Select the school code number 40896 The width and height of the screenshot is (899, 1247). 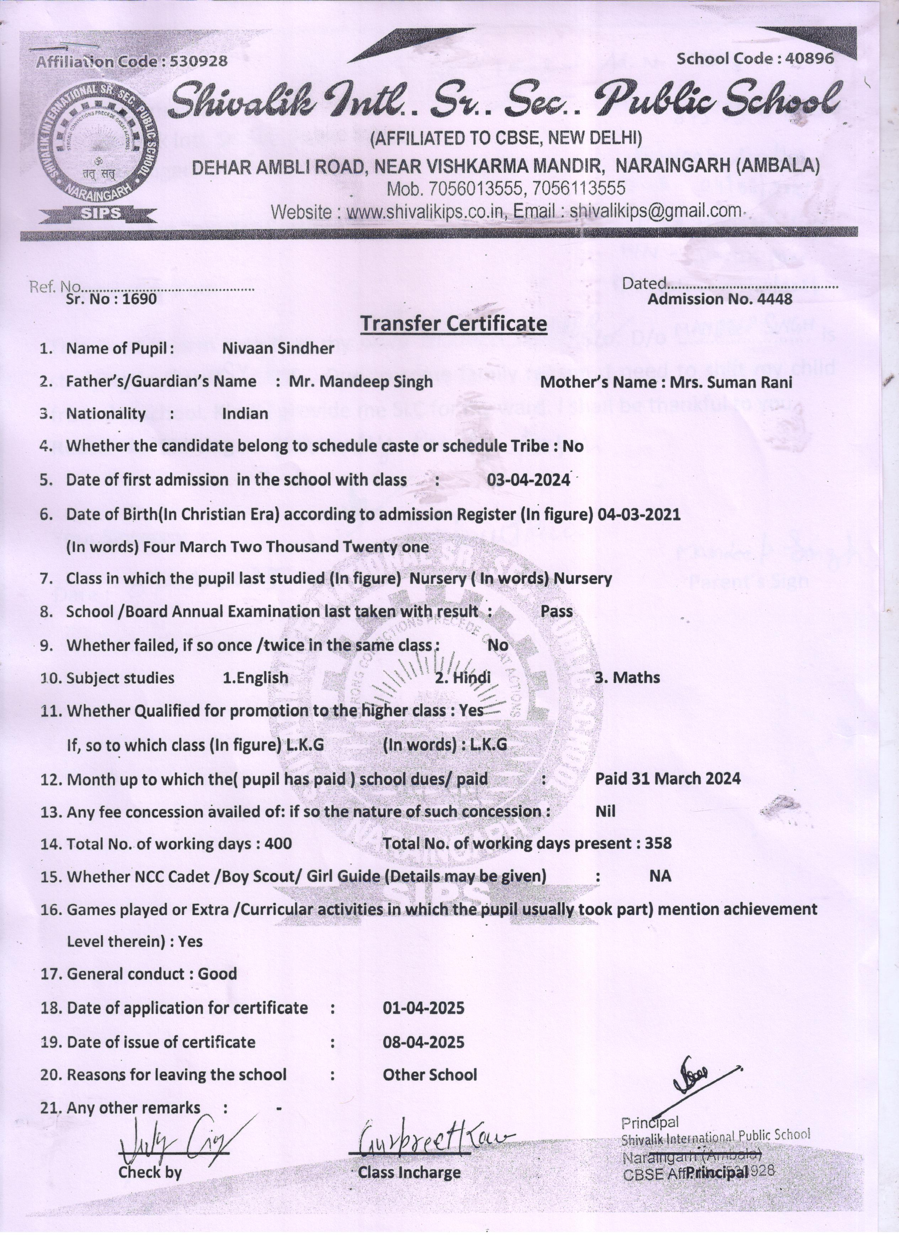(x=810, y=58)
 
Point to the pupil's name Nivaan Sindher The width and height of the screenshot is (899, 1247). (x=278, y=348)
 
